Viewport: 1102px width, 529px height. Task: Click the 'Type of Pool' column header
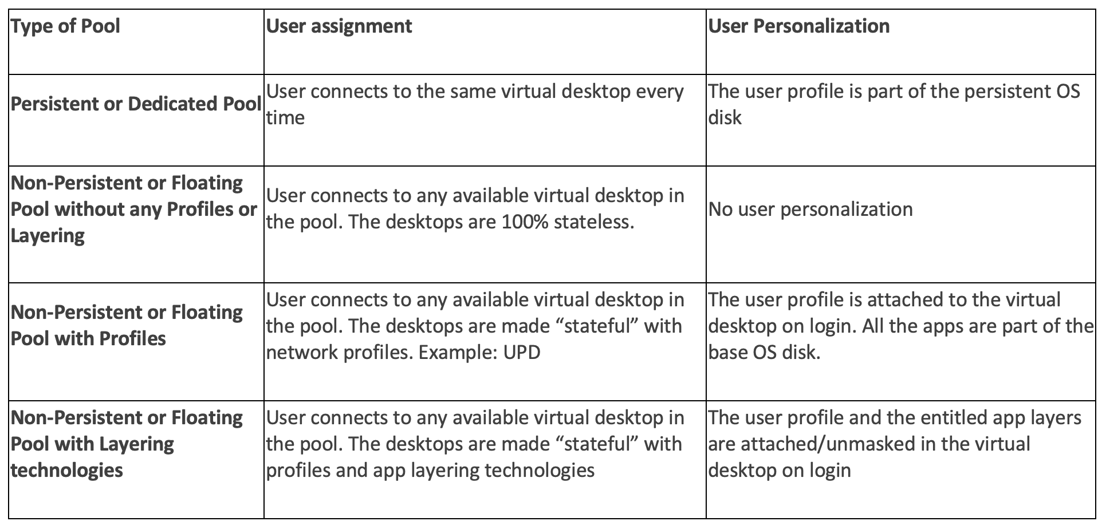tap(65, 26)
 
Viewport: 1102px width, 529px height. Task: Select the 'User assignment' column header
tap(339, 26)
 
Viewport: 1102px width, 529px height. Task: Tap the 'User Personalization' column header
tap(799, 26)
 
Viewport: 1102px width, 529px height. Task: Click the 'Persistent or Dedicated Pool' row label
tap(136, 104)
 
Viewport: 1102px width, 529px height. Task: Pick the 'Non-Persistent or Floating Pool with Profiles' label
tap(127, 325)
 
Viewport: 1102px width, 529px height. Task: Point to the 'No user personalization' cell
tap(810, 210)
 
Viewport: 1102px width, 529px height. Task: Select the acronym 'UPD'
tap(522, 353)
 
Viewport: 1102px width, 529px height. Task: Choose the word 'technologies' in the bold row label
tap(67, 471)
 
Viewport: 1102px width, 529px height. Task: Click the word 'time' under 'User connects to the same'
tap(285, 118)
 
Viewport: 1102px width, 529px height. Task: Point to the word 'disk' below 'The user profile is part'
tap(725, 118)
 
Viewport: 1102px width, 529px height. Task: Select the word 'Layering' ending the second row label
tap(48, 236)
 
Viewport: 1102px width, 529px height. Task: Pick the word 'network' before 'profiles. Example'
tap(302, 353)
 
